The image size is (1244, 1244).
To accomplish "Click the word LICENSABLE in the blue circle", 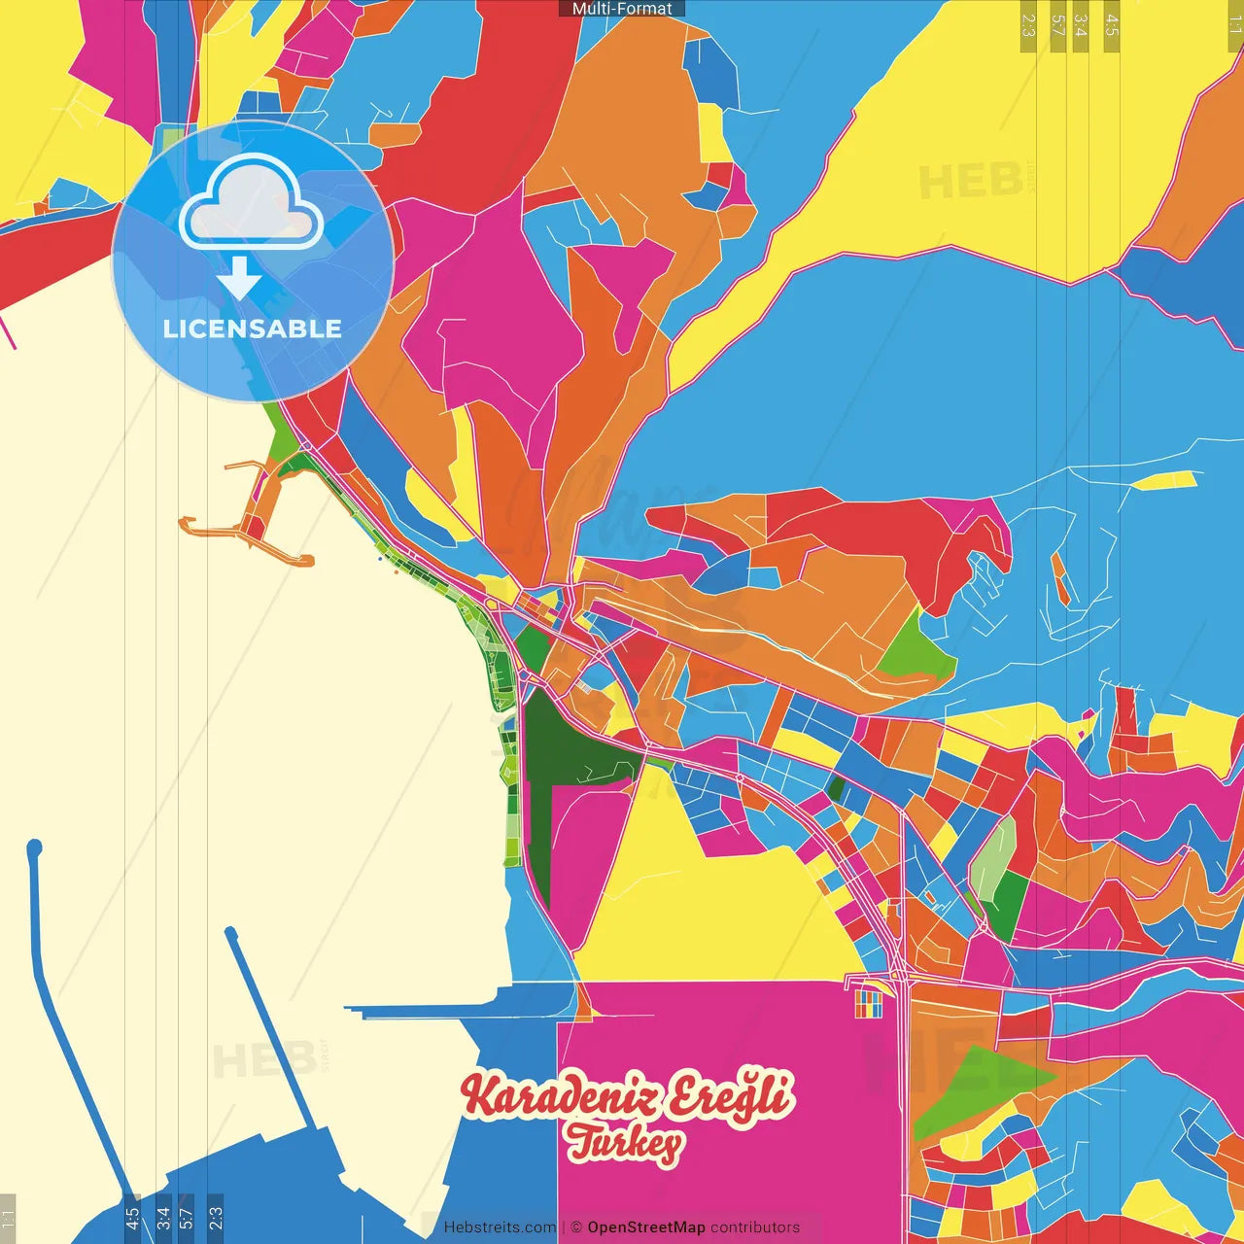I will coord(252,328).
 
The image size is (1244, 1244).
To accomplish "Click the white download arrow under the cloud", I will coord(239,280).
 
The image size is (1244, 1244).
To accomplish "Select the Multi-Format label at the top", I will coord(622,8).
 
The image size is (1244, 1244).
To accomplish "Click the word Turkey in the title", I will coord(626,1143).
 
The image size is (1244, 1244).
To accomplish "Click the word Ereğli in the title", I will coord(731,1096).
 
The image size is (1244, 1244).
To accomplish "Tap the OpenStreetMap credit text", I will coord(645,1227).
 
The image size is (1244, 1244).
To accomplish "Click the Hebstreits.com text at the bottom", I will coord(500,1227).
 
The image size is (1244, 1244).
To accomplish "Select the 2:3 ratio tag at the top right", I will coord(1028,25).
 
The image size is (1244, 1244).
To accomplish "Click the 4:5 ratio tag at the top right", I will coord(1112,25).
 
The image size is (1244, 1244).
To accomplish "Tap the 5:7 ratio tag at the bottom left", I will coord(186,1218).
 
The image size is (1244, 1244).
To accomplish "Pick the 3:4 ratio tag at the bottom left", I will coord(162,1218).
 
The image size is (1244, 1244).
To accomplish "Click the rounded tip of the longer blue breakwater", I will coord(35,847).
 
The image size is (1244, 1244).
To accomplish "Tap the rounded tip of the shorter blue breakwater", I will coord(231,933).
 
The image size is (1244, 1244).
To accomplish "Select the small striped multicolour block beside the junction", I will coord(868,1004).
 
